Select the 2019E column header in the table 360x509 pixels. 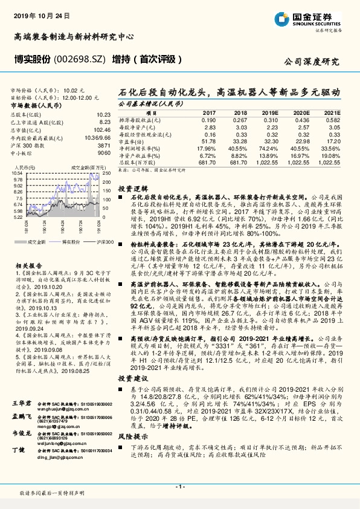tap(270, 113)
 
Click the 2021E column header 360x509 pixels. tap(332, 113)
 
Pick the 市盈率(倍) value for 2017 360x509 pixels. tap(207, 141)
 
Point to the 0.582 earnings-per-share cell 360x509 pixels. tap(332, 120)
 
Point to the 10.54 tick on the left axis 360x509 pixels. tap(18, 173)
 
